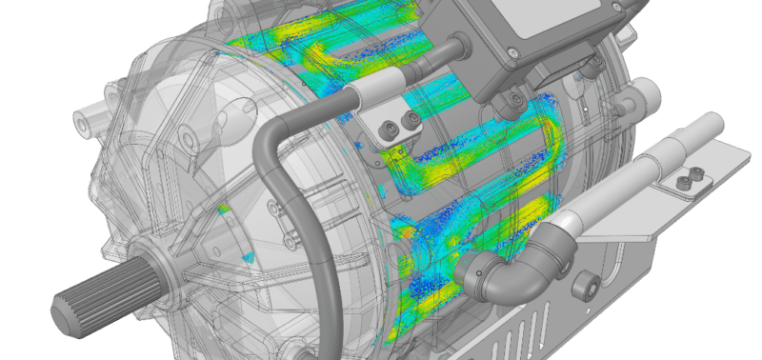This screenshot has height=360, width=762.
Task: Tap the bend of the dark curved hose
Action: (271, 133)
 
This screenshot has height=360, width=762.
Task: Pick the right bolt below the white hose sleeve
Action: (412, 119)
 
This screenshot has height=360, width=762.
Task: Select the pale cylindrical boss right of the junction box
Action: (648, 95)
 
